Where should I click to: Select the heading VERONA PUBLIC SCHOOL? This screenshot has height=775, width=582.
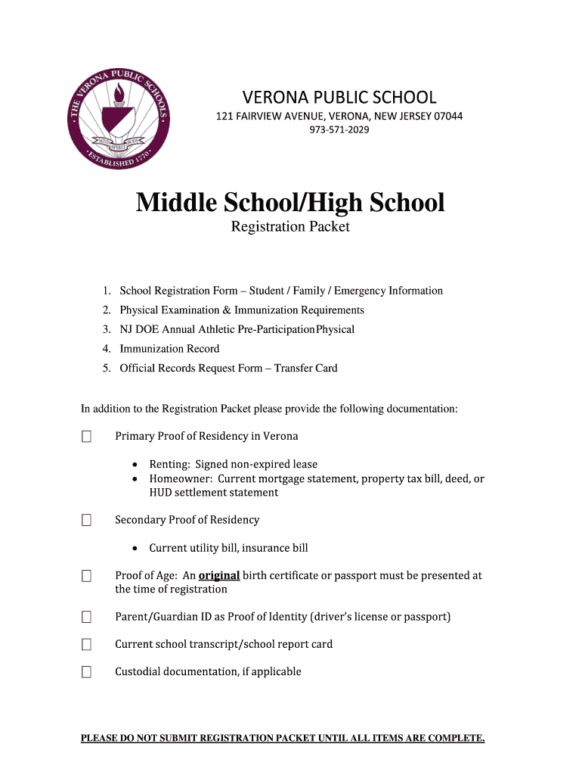339,97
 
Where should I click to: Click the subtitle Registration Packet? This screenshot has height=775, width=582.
290,226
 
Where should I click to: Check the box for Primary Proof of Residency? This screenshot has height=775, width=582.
87,437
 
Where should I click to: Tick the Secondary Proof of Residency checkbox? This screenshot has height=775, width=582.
87,521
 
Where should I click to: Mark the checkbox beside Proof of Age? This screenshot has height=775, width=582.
87,577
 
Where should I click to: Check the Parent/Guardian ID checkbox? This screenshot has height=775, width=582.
87,618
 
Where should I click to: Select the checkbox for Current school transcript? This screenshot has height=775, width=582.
87,645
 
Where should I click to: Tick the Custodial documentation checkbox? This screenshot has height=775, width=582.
87,672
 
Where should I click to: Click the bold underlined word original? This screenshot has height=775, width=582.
219,575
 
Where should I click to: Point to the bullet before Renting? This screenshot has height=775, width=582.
135,465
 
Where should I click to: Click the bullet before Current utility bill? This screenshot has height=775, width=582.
135,548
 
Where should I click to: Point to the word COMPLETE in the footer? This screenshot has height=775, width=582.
456,738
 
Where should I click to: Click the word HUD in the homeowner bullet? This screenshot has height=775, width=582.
161,493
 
